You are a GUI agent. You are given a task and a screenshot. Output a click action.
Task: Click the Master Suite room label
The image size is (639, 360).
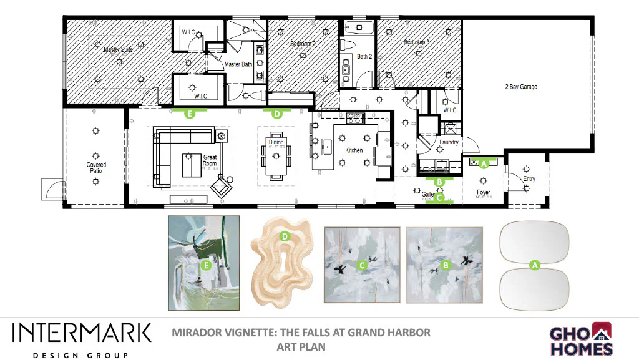click(118, 49)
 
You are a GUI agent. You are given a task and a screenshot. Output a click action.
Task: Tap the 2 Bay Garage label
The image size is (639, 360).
click(521, 87)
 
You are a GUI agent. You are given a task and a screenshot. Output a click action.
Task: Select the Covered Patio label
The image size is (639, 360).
click(96, 168)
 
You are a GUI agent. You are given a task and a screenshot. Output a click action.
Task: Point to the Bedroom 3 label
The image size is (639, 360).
click(417, 42)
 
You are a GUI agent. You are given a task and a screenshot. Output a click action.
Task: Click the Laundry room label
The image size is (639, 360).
click(449, 142)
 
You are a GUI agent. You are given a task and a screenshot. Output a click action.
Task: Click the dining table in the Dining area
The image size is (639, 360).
click(276, 156)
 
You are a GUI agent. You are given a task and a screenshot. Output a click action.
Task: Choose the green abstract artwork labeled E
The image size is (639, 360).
click(204, 263)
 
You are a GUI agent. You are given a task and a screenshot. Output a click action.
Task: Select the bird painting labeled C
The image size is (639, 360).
click(362, 265)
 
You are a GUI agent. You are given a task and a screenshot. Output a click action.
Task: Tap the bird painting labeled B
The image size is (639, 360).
click(445, 265)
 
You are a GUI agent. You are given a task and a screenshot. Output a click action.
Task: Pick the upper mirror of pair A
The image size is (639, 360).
click(534, 242)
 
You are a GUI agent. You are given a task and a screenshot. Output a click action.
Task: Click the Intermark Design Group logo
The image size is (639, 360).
click(82, 339)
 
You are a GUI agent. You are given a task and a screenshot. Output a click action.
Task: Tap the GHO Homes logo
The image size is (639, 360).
click(581, 339)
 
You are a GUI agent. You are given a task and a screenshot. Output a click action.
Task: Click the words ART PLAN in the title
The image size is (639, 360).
click(301, 346)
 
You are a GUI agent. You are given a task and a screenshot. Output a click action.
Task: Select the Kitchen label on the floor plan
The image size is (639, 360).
click(354, 150)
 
